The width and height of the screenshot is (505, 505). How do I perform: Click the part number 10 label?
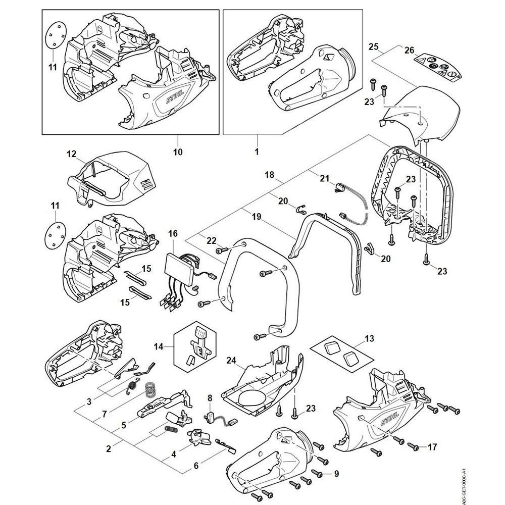click(178, 151)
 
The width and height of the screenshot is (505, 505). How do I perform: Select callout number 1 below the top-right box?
click(257, 151)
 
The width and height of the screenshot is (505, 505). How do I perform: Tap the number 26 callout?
click(409, 50)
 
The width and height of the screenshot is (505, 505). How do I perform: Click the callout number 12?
click(71, 153)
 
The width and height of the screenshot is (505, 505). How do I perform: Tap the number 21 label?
click(324, 177)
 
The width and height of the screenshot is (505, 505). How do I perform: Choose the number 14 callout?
click(159, 346)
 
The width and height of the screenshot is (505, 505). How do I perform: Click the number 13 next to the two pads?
click(370, 338)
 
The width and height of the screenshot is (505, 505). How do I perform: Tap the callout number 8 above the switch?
click(210, 398)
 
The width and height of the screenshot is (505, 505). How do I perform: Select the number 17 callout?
click(432, 447)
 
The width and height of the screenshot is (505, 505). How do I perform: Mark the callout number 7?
click(105, 414)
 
